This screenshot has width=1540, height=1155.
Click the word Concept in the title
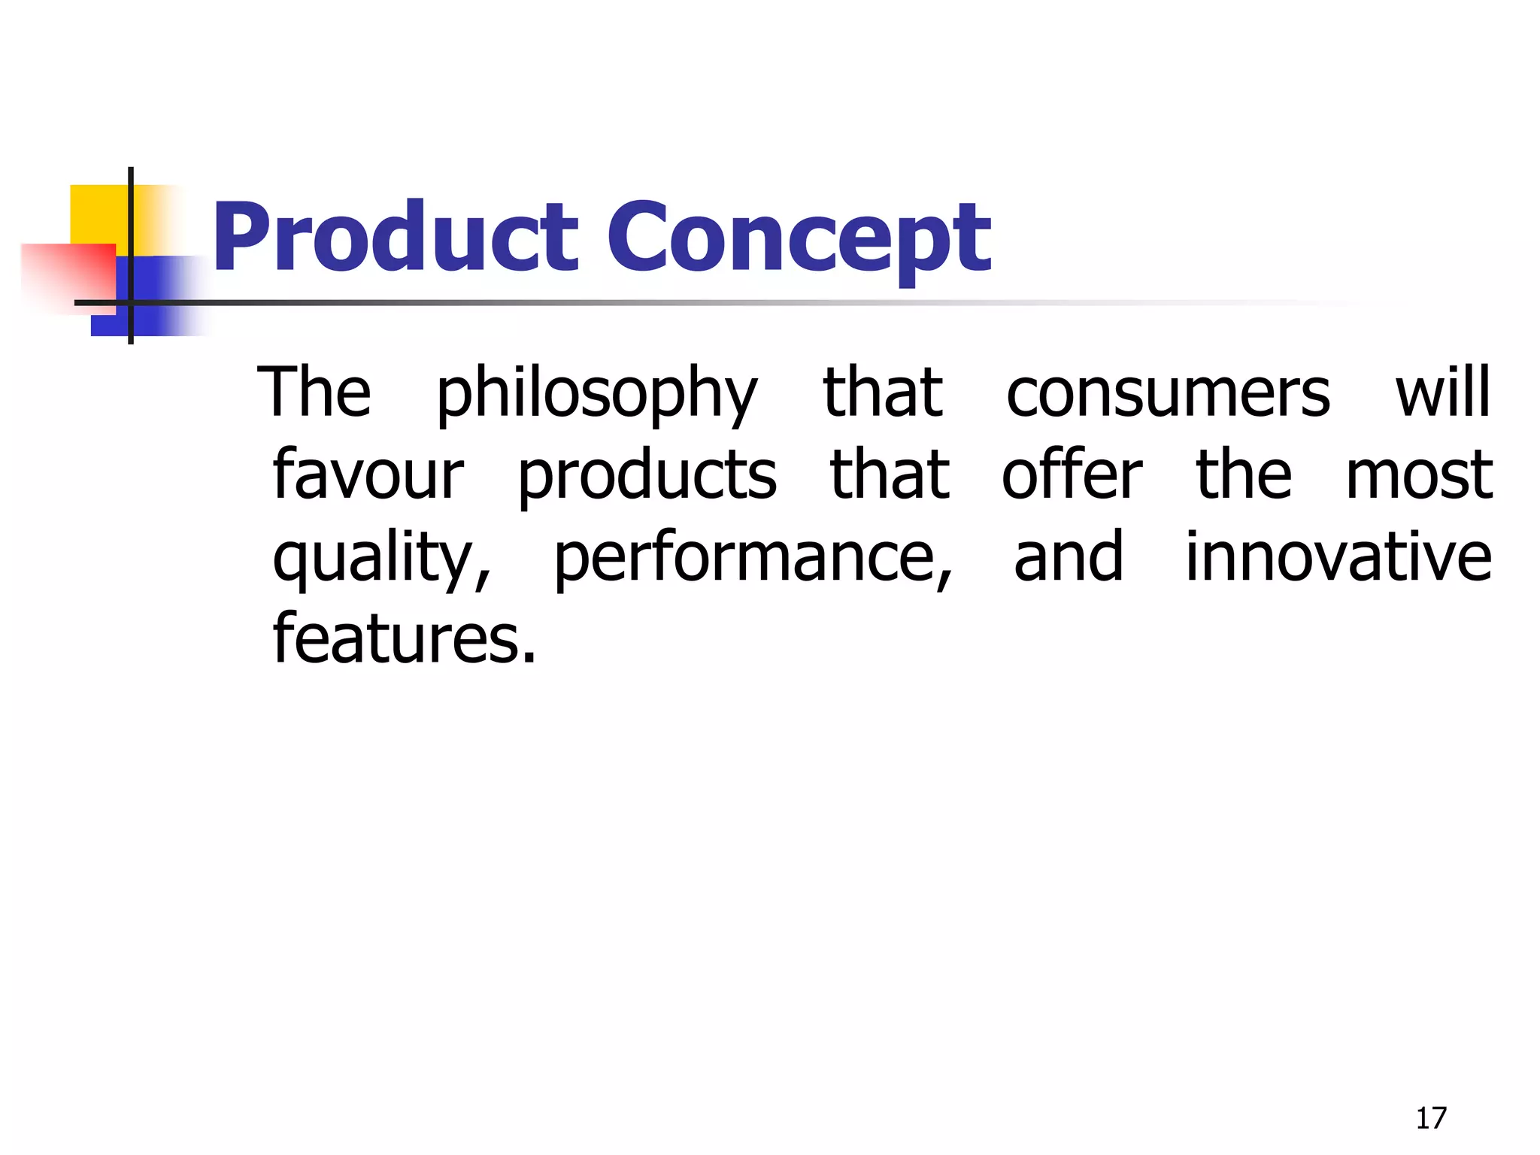(x=799, y=239)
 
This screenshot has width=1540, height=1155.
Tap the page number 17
(x=1430, y=1118)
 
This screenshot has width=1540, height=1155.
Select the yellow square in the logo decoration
(x=98, y=213)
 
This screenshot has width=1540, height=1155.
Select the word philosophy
(x=597, y=394)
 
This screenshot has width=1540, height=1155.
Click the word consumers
(x=1168, y=393)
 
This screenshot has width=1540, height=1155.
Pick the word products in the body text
(x=647, y=477)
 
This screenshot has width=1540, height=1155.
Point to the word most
(x=1418, y=476)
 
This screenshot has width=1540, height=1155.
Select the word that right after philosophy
(x=883, y=393)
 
